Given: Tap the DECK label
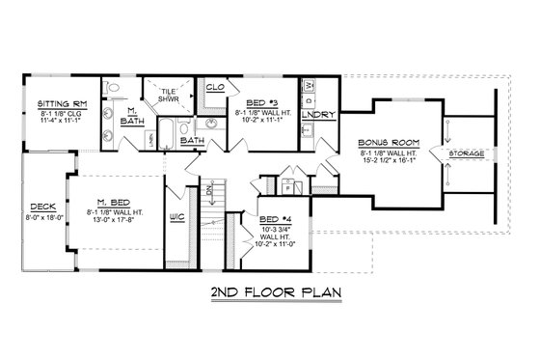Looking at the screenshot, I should tap(41, 206).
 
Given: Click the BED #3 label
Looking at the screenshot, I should tap(261, 102).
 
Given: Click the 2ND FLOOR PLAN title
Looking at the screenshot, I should tap(271, 291).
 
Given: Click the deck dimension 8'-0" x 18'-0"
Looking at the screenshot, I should tap(41, 217).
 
